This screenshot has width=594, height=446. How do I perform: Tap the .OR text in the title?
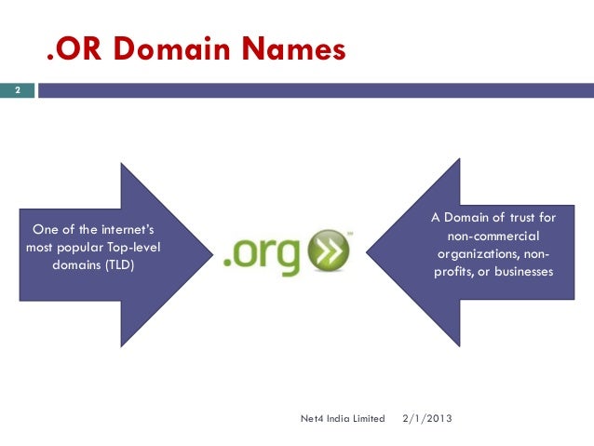coord(74,48)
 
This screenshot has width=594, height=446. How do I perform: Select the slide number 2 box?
coord(16,91)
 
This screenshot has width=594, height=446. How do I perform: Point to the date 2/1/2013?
coord(426,418)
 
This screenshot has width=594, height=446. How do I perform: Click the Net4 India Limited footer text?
coord(343,418)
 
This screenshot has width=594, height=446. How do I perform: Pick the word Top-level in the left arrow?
coord(140,247)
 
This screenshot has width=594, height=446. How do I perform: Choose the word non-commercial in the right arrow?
coord(493,236)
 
